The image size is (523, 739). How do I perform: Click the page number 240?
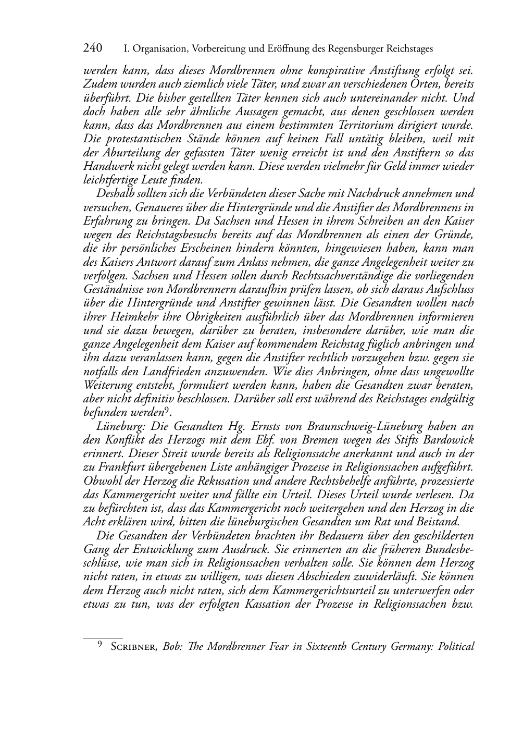(93, 48)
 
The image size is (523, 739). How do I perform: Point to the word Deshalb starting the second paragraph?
(113, 194)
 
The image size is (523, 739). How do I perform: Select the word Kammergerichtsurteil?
(334, 591)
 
